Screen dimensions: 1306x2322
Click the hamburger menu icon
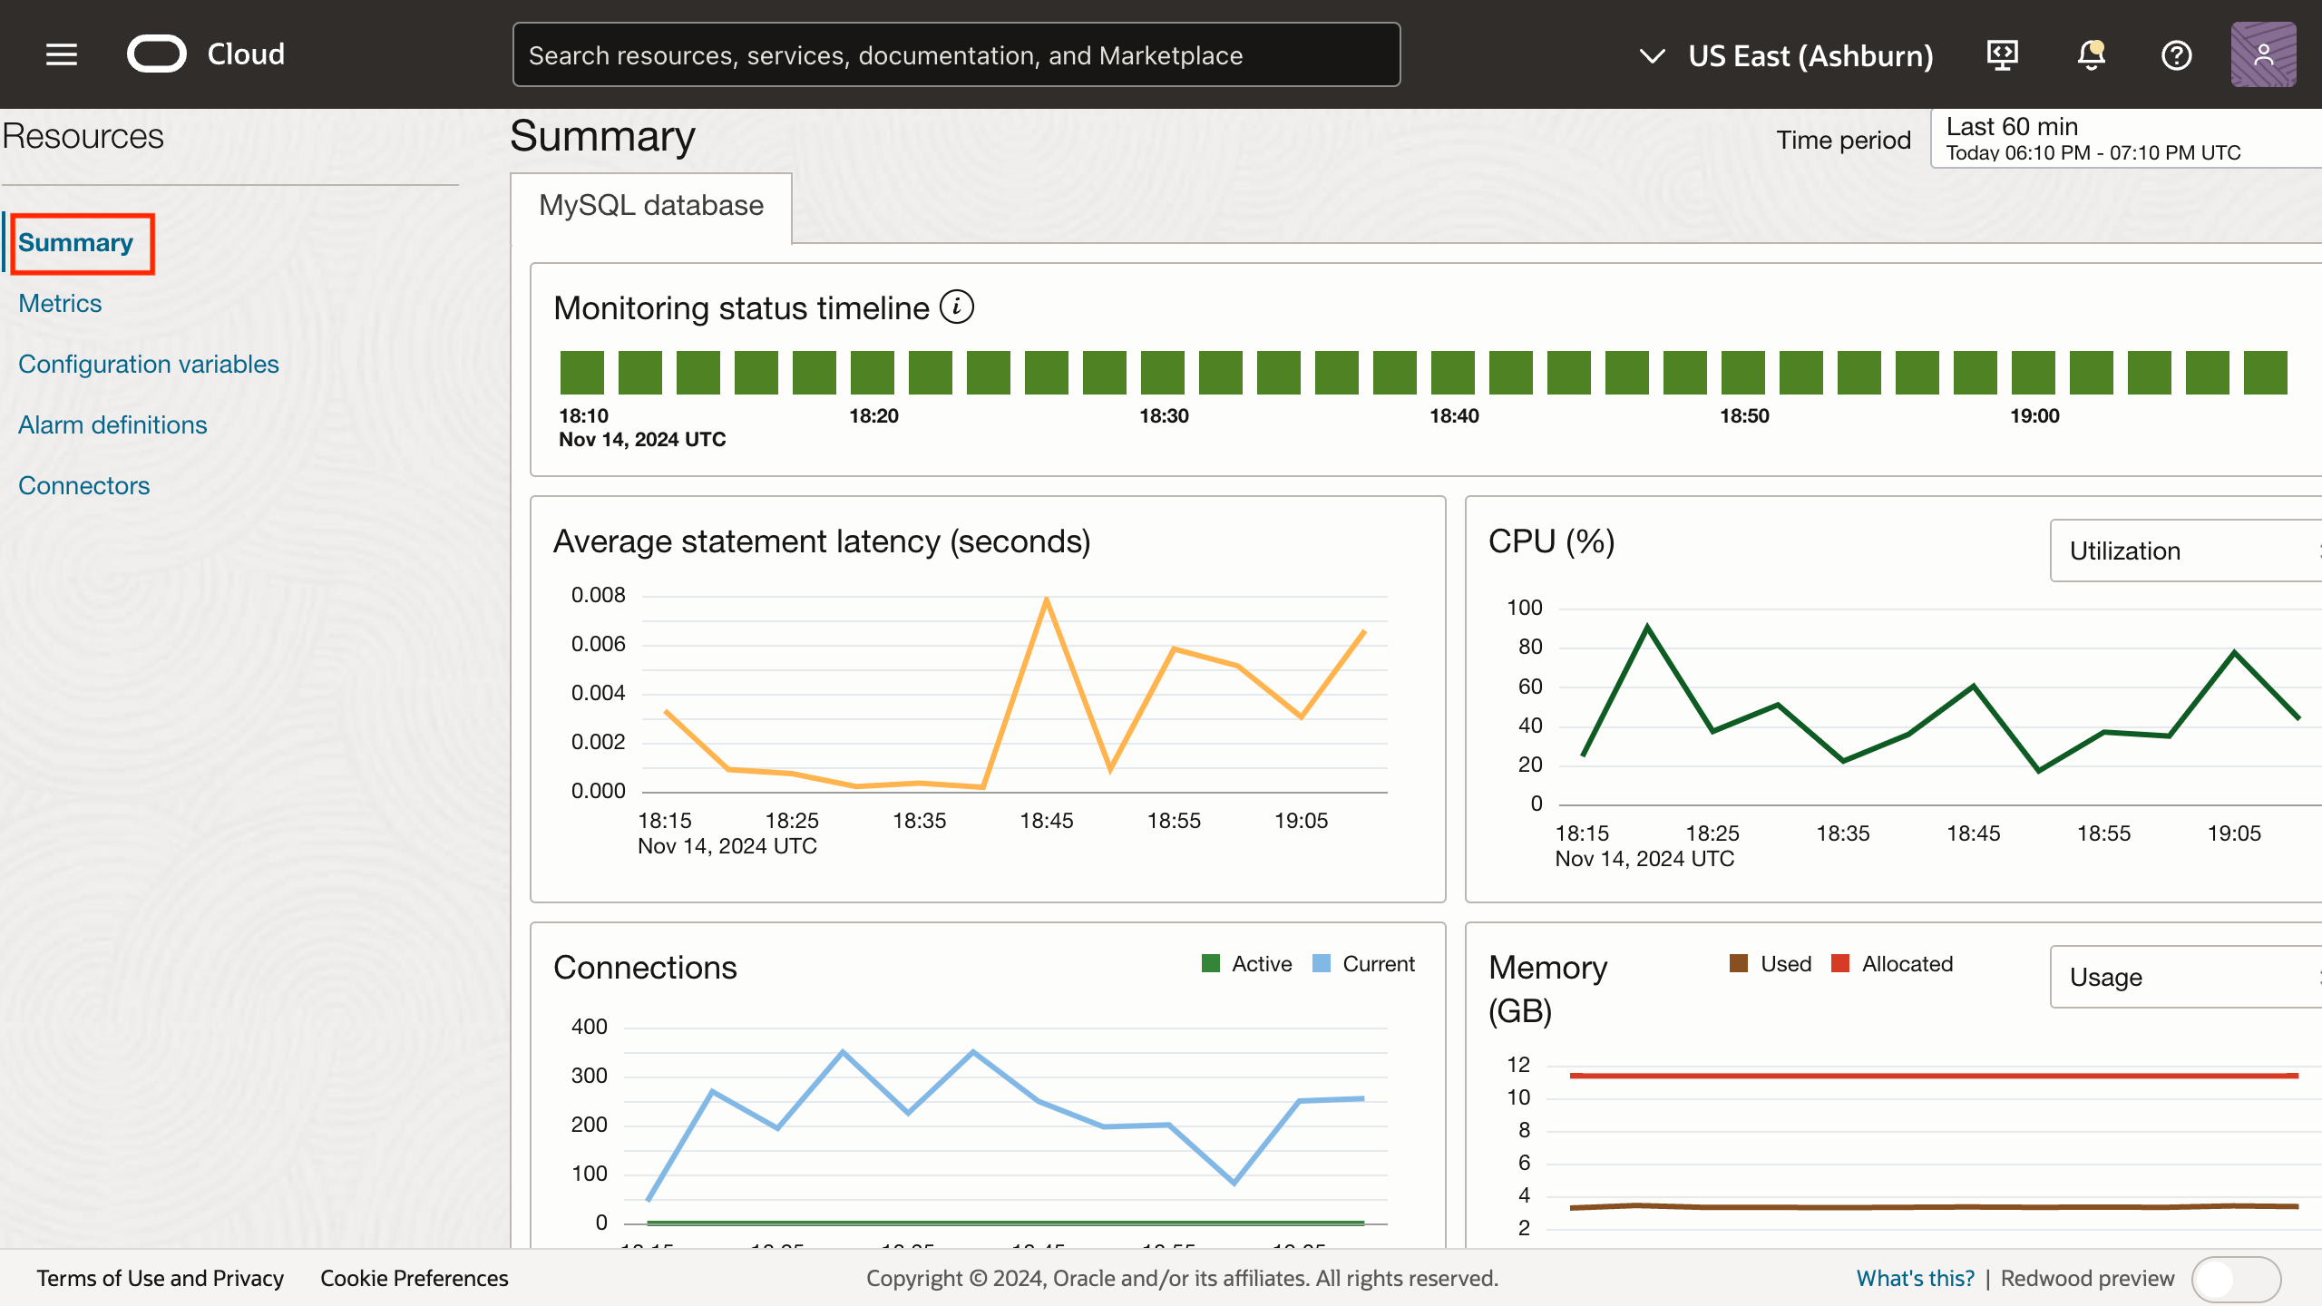tap(62, 54)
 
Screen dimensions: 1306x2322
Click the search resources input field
tap(956, 55)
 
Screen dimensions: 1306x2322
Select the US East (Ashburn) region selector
tap(1787, 55)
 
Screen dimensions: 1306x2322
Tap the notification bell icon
tap(2091, 55)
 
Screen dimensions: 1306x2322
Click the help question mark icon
tap(2176, 55)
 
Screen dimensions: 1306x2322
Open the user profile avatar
tap(2263, 55)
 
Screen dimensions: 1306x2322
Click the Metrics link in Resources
tap(60, 303)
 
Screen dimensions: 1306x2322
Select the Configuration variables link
tap(149, 364)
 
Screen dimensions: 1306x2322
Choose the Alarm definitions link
tap(112, 424)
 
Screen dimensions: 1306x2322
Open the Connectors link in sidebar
tap(83, 485)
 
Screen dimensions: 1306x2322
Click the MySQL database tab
tap(651, 206)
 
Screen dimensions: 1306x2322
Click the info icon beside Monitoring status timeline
tap(956, 307)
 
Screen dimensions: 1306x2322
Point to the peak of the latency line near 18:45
tap(1047, 599)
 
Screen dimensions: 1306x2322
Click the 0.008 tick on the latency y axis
tap(598, 595)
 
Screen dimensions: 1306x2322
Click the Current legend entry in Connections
tap(1364, 964)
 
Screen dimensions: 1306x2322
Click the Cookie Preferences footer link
tap(414, 1278)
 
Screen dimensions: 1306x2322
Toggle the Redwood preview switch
tap(2235, 1279)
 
